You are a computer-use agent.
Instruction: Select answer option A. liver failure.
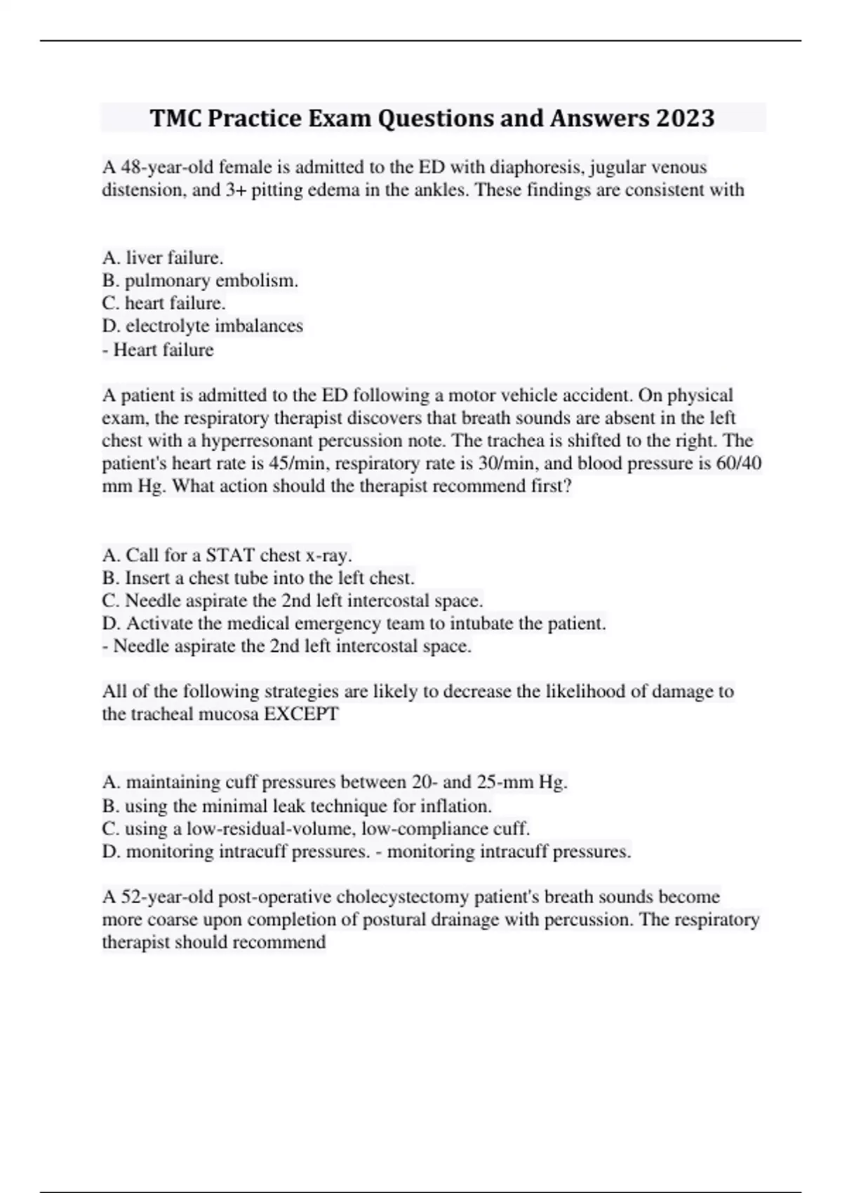click(x=163, y=258)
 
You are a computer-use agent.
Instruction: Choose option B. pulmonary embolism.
click(x=200, y=281)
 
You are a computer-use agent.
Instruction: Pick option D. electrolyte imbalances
click(x=203, y=326)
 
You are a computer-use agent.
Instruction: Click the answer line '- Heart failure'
click(x=158, y=349)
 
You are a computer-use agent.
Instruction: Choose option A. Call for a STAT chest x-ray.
click(x=227, y=555)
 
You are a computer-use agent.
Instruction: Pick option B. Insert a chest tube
click(x=258, y=578)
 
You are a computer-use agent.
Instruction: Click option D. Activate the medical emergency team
click(x=354, y=623)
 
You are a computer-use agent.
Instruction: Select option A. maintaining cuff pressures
click(x=335, y=782)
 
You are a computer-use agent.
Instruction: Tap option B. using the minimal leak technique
click(x=297, y=806)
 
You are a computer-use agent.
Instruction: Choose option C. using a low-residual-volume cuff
click(x=316, y=828)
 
